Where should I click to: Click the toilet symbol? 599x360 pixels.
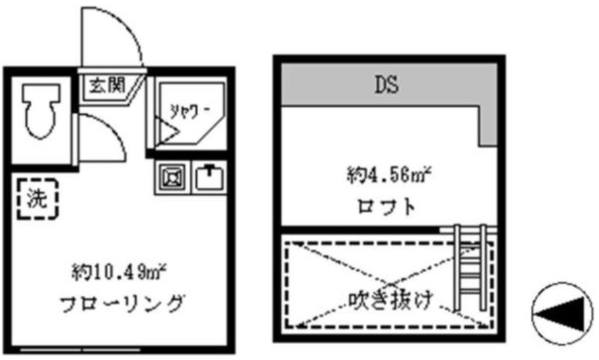pyautogui.click(x=41, y=110)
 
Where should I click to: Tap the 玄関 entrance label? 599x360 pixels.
pyautogui.click(x=108, y=85)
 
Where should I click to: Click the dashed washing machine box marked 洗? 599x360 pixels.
pyautogui.click(x=37, y=199)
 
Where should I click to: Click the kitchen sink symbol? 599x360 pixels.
pyautogui.click(x=210, y=177)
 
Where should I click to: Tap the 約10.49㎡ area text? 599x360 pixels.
pyautogui.click(x=118, y=273)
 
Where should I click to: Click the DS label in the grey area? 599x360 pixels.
pyautogui.click(x=386, y=85)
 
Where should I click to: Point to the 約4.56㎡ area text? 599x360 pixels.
pyautogui.click(x=389, y=176)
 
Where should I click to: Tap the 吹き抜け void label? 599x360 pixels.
pyautogui.click(x=391, y=299)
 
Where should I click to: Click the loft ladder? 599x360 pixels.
pyautogui.click(x=470, y=268)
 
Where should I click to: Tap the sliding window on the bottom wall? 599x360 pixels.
pyautogui.click(x=80, y=350)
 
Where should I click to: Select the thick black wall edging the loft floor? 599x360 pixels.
pyautogui.click(x=360, y=230)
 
